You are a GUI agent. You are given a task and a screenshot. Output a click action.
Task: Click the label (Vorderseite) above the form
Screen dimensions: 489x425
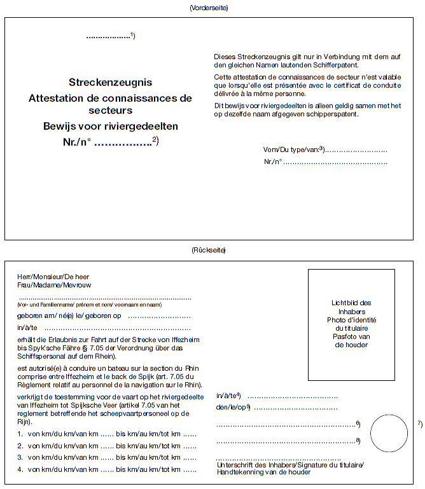[x=209, y=8]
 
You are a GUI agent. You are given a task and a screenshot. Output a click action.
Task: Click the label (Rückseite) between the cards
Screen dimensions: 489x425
[x=209, y=251]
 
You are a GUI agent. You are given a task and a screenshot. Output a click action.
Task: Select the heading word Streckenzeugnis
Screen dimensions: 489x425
[x=110, y=83]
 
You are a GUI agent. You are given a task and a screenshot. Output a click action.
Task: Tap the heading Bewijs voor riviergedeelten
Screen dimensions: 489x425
[x=110, y=126]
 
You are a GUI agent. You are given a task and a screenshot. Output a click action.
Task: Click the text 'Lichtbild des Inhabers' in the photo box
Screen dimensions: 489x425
[x=351, y=307]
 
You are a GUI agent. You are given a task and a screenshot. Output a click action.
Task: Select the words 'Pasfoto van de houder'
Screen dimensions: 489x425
[x=351, y=341]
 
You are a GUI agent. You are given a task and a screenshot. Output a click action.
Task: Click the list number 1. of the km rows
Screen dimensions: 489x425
[x=21, y=434]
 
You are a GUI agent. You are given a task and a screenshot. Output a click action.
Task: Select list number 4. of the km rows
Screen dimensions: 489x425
[x=21, y=470]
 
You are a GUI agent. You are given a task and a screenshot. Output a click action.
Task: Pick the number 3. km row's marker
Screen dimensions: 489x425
[x=21, y=458]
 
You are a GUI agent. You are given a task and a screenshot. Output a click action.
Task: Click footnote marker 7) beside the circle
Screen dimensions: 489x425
[x=419, y=424]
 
